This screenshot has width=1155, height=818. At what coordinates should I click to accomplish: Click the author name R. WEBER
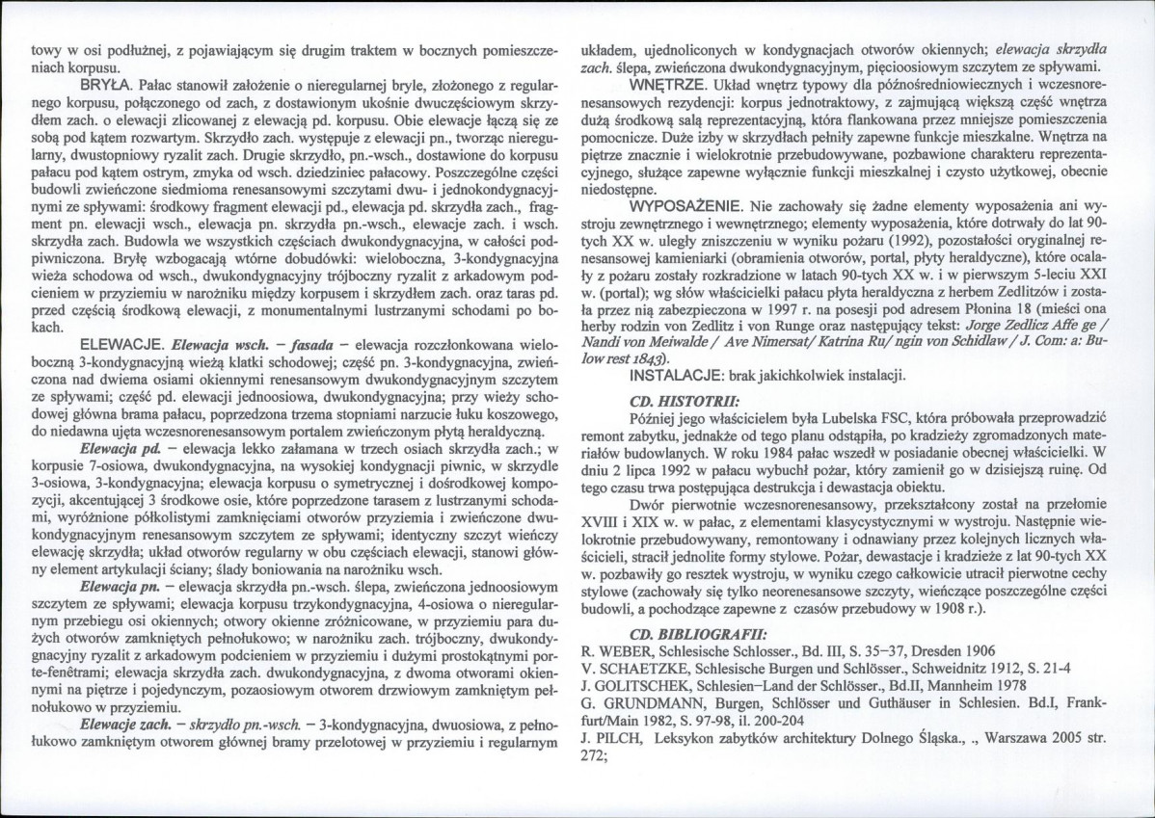click(617, 651)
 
